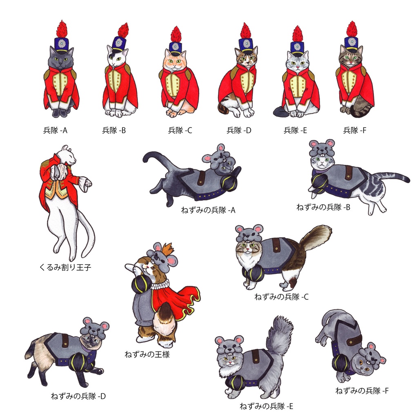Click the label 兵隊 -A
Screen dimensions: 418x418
point(55,130)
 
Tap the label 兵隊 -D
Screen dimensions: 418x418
point(239,130)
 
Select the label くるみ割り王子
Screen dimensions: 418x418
point(65,267)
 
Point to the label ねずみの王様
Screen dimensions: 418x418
point(147,355)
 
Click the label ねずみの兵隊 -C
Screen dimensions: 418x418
point(282,297)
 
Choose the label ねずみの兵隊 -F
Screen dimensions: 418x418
point(362,391)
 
